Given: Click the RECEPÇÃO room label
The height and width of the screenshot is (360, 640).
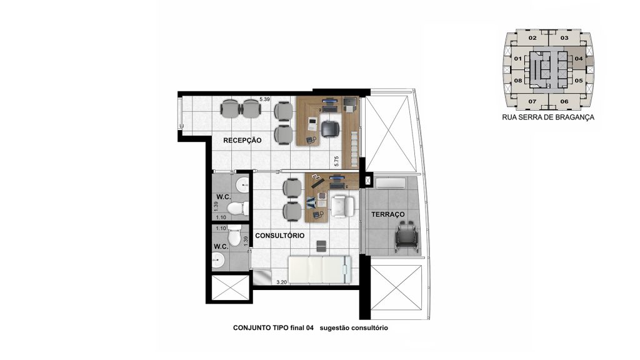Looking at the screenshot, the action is coord(242,141).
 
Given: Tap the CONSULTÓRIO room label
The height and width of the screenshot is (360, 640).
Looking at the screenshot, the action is coord(279,236).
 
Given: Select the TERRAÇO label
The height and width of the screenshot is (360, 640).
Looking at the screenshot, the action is coord(387,214).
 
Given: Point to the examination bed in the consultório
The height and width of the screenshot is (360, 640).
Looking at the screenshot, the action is coord(319,269).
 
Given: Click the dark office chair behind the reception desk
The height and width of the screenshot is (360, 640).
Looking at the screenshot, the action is coord(330,129).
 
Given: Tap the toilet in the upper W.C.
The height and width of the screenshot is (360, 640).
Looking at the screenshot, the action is coord(237,208).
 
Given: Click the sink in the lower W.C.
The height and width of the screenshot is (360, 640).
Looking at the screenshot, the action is coord(218,259).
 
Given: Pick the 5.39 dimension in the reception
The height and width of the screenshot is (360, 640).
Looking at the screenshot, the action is coord(265,99).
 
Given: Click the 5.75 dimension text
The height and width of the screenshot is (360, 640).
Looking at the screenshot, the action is coord(337,161).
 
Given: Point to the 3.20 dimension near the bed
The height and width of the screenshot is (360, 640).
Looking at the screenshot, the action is coord(281,282).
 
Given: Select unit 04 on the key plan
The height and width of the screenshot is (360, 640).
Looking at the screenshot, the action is coord(579,58).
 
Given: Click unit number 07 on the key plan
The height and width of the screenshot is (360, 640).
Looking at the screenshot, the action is coord(532,101).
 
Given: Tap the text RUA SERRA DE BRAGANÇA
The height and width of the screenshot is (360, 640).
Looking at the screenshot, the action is coord(548,117).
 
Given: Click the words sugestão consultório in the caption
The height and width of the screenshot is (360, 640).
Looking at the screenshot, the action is coord(354,327).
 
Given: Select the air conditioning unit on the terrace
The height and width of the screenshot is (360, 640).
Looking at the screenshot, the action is coord(391,183).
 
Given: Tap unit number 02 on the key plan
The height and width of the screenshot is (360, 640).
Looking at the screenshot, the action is coord(532,38).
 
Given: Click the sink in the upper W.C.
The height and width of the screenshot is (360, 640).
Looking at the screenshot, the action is coord(243,184).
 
